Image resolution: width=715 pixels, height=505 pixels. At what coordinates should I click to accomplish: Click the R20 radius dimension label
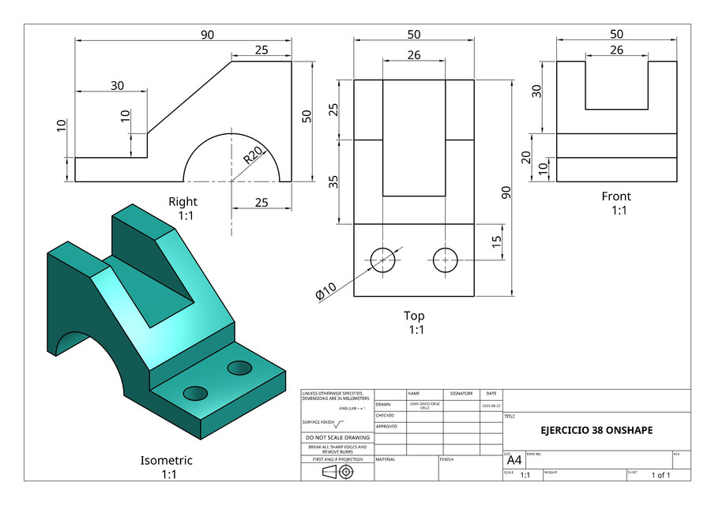(253, 155)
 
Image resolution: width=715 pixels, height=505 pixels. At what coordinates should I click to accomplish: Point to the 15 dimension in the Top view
(496, 242)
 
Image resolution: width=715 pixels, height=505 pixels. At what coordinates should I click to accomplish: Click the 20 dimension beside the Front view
(527, 157)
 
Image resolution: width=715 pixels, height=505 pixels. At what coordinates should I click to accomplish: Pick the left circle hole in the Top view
(383, 259)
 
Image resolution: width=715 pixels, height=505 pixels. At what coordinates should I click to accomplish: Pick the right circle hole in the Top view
(446, 259)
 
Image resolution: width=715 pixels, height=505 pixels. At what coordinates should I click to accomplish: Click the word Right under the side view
(183, 202)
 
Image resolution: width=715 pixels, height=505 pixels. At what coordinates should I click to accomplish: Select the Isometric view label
(166, 460)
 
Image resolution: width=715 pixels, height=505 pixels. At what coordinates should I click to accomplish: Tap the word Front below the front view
(616, 196)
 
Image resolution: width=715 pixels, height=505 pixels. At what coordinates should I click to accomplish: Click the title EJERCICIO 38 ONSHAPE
(596, 431)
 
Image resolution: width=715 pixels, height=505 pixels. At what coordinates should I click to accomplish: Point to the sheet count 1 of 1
(660, 475)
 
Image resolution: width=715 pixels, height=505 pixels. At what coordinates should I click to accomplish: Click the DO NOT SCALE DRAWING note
(337, 437)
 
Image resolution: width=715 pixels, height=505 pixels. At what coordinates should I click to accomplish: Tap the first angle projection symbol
(337, 472)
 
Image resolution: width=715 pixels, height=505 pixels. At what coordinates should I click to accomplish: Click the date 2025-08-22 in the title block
(491, 405)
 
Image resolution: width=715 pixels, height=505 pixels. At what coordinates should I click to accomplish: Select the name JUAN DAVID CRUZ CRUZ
(425, 405)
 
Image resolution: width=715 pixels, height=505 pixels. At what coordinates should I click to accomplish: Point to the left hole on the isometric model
(194, 393)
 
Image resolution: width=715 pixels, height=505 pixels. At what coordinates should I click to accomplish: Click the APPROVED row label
(386, 426)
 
